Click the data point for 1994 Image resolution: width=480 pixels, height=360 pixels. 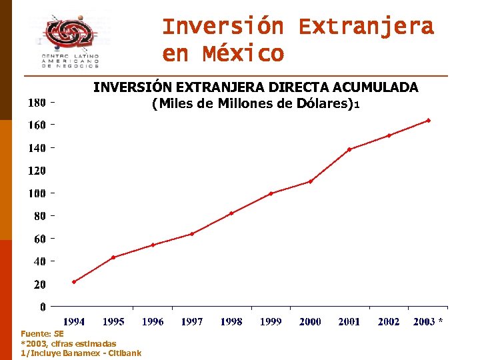click(x=74, y=281)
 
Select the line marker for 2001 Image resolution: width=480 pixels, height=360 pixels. click(x=349, y=149)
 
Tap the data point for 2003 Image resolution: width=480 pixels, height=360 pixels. click(x=428, y=121)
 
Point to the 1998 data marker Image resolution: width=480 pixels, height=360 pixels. click(x=231, y=213)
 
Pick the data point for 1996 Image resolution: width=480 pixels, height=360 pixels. click(x=153, y=245)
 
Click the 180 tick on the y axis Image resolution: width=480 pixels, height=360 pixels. click(x=37, y=103)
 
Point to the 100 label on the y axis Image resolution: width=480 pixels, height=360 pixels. click(x=37, y=193)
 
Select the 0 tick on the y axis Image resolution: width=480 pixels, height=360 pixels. click(x=43, y=307)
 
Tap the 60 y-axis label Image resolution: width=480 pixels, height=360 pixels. click(x=39, y=239)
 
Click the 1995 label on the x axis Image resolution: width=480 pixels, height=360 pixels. click(x=113, y=321)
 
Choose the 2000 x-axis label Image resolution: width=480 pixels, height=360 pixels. click(x=310, y=321)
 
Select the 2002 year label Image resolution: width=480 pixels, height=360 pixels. click(x=389, y=321)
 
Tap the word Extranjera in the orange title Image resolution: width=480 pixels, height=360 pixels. click(x=366, y=27)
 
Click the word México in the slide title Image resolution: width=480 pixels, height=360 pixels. click(x=245, y=54)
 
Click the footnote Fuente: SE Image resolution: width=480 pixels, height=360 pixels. click(x=42, y=333)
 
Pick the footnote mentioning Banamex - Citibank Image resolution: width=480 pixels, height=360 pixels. click(x=81, y=353)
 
